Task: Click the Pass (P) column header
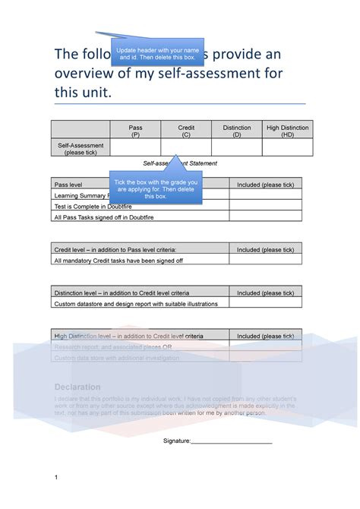[x=135, y=131]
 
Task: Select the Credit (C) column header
[x=186, y=131]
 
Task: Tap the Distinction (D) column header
[x=237, y=131]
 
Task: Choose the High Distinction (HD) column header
[x=287, y=131]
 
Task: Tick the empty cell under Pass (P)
[x=135, y=147]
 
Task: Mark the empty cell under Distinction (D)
[x=237, y=147]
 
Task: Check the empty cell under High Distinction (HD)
[x=287, y=147]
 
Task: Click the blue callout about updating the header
[x=155, y=54]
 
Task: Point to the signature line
[x=231, y=441]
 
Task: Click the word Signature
[x=176, y=441]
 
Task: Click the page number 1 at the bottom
[x=56, y=477]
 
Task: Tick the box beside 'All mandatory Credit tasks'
[x=265, y=260]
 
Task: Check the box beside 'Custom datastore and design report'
[x=265, y=303]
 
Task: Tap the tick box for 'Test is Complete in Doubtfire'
[x=265, y=205]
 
